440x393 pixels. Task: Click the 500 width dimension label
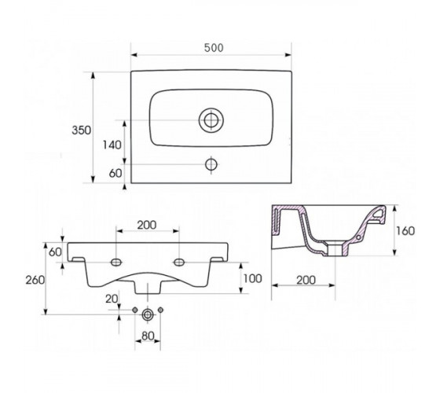point(214,48)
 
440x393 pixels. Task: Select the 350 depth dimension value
point(82,130)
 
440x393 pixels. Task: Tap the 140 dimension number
point(112,145)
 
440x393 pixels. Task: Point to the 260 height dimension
point(35,280)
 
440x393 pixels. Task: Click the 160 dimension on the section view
point(405,231)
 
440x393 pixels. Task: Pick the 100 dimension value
point(252,278)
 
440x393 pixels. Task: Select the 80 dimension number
point(148,336)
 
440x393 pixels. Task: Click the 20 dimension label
point(112,299)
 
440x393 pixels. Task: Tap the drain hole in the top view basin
point(211,119)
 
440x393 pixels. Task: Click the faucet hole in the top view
point(211,164)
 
